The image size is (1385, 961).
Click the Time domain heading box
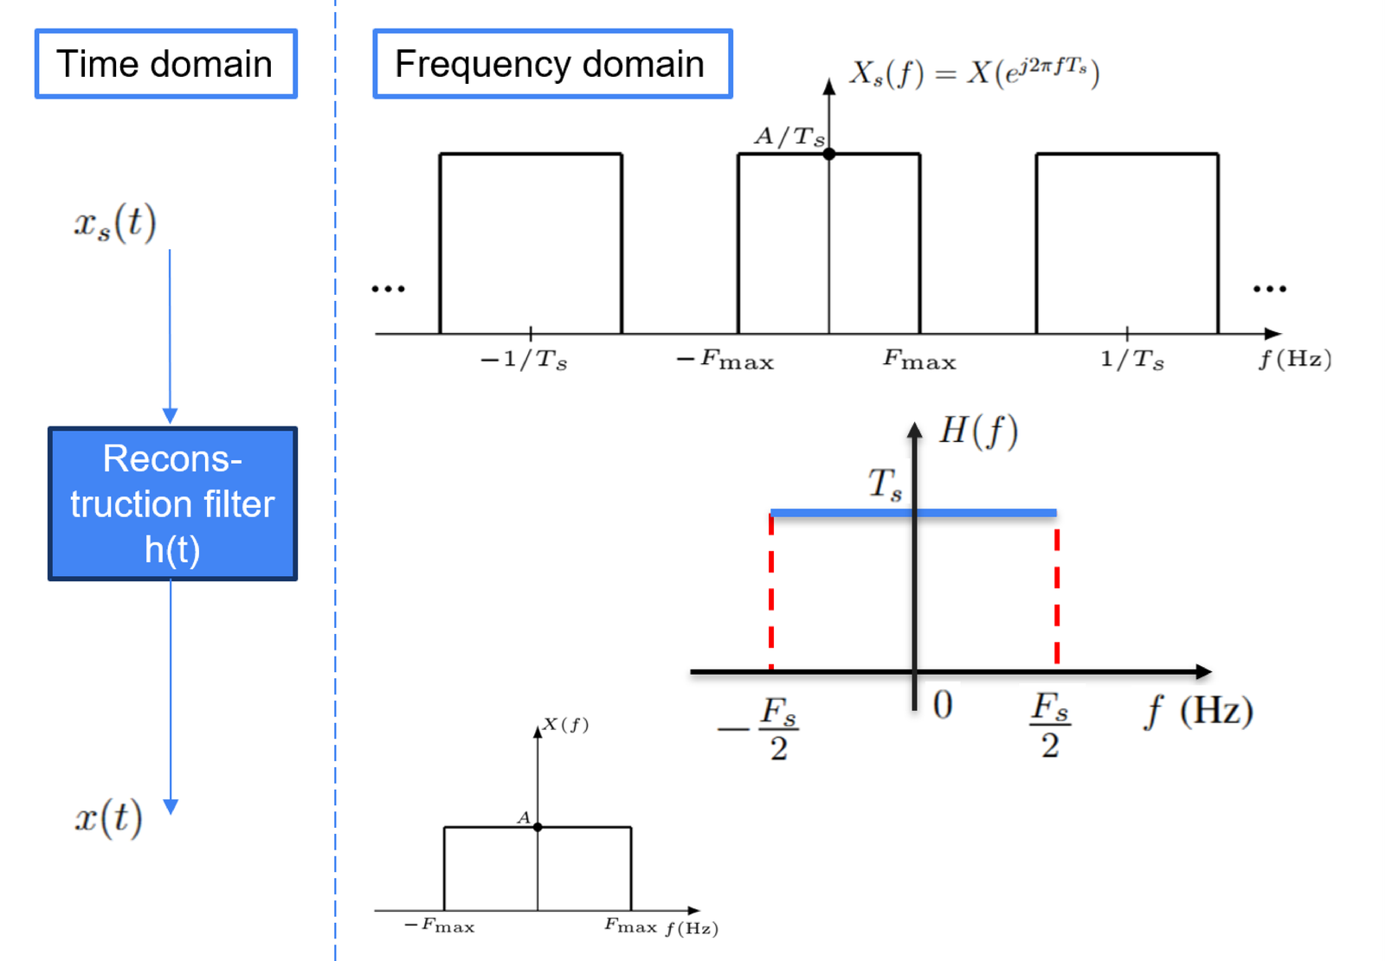pyautogui.click(x=165, y=64)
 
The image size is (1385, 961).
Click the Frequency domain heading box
pyautogui.click(x=553, y=64)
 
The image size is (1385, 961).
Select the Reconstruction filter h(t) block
pyautogui.click(x=172, y=503)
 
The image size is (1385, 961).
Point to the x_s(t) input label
pyautogui.click(x=115, y=222)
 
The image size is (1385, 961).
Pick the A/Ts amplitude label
pyautogui.click(x=789, y=136)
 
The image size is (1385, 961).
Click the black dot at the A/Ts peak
pyautogui.click(x=829, y=154)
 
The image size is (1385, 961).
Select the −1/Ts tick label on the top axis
pyautogui.click(x=524, y=359)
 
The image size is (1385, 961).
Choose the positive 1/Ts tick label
pyautogui.click(x=1132, y=359)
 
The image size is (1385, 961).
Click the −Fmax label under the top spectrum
pyautogui.click(x=725, y=359)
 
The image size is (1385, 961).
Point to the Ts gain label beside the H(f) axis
pyautogui.click(x=885, y=484)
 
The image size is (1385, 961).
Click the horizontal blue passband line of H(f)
pyautogui.click(x=913, y=512)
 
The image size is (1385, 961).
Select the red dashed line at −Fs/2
pyautogui.click(x=771, y=592)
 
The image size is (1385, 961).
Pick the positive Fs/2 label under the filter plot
pyautogui.click(x=1050, y=726)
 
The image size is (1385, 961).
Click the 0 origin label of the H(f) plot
pyautogui.click(x=943, y=704)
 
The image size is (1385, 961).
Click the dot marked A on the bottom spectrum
pyautogui.click(x=538, y=827)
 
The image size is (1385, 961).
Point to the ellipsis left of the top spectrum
pyautogui.click(x=389, y=289)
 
